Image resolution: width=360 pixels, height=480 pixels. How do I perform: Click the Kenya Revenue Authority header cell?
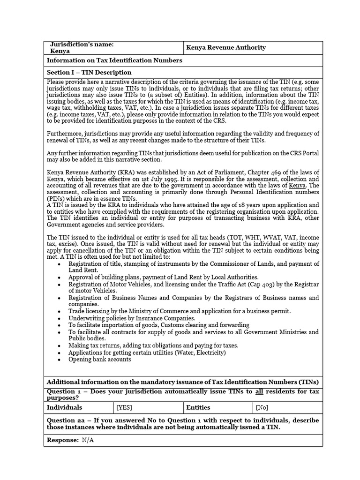coord(225,47)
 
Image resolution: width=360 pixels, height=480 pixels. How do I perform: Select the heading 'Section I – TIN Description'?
coord(89,73)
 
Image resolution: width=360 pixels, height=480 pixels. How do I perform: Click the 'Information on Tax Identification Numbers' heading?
coord(114,60)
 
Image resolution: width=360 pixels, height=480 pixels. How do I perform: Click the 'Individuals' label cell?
coord(65,408)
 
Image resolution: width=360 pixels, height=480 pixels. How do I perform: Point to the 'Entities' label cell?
coord(198,408)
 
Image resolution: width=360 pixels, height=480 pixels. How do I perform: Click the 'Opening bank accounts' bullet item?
coord(99,360)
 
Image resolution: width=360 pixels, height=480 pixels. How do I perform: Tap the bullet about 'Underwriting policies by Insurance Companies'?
coord(132,318)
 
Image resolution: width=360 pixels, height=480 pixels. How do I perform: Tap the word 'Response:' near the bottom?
coord(63,441)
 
